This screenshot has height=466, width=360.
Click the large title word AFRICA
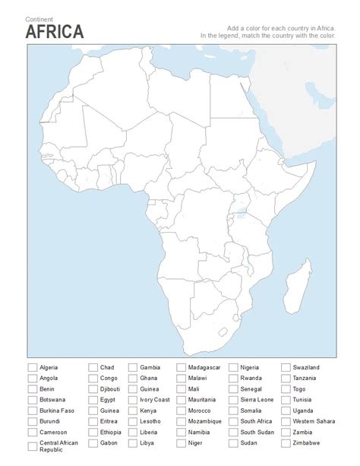(x=55, y=31)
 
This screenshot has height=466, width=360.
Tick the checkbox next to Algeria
(x=32, y=367)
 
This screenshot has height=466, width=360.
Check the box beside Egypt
(x=93, y=399)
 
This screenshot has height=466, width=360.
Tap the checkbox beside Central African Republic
(x=32, y=443)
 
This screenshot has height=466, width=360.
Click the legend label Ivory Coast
(x=155, y=399)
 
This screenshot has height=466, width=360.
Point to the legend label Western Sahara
(x=314, y=421)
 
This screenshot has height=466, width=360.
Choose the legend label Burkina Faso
(x=57, y=411)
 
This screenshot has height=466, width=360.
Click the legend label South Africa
(x=257, y=421)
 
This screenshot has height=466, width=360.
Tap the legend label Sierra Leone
(x=257, y=399)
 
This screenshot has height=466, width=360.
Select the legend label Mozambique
(x=204, y=421)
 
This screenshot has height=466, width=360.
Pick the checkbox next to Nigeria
(x=233, y=367)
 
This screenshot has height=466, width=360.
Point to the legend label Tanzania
(x=305, y=378)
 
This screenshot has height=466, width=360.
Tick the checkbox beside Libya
(x=133, y=442)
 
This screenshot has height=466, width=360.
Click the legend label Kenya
(x=148, y=411)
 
